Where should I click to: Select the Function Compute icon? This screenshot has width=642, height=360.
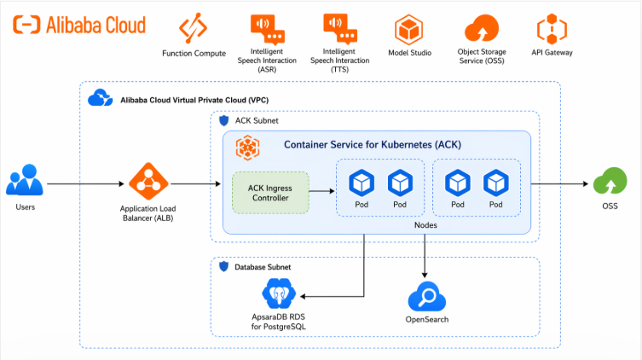(193, 29)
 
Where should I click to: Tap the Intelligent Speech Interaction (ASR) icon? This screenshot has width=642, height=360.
(267, 29)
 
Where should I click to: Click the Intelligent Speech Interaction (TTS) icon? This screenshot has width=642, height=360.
(340, 29)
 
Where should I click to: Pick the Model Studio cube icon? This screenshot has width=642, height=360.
(410, 30)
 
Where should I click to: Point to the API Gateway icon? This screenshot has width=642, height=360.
(552, 29)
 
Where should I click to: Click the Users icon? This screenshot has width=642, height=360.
(25, 183)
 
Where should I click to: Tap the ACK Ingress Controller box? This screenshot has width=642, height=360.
(270, 194)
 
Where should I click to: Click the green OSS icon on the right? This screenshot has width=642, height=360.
(607, 183)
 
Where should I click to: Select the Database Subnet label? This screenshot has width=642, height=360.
(262, 267)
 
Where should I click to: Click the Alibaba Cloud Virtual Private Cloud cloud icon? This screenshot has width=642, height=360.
(100, 99)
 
